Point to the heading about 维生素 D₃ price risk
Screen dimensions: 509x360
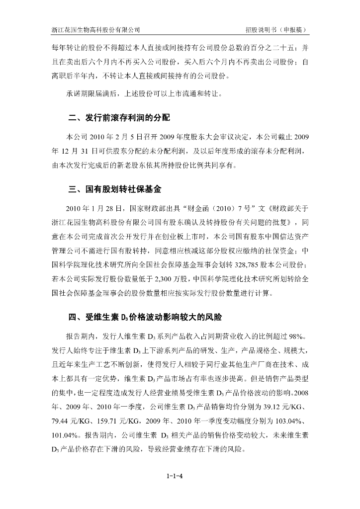[140, 317]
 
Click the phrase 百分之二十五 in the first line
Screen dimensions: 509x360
[271, 48]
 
